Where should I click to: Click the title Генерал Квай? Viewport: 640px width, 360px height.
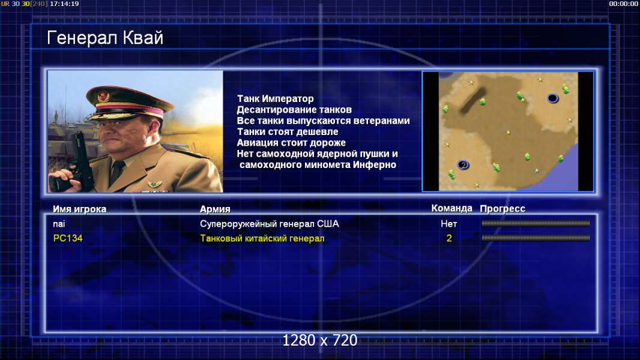click(x=105, y=38)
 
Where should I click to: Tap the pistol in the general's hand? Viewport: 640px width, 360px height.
click(x=80, y=163)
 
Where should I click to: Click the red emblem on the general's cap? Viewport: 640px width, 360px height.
click(x=104, y=96)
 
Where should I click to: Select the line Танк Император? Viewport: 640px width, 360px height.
click(x=276, y=98)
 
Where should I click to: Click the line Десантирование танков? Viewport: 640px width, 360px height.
click(x=294, y=110)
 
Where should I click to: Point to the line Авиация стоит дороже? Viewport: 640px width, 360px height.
click(x=291, y=143)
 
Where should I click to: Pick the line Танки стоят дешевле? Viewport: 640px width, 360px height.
click(x=288, y=131)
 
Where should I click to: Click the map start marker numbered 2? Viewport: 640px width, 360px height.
click(x=463, y=165)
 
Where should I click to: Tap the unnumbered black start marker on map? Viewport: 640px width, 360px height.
click(x=552, y=98)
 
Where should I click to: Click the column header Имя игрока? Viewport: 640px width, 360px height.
click(x=80, y=209)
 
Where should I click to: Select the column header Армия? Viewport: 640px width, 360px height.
click(x=215, y=209)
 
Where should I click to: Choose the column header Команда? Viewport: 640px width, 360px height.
click(x=452, y=208)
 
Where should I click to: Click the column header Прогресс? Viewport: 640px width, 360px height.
click(x=503, y=208)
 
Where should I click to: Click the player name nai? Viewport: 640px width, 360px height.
click(x=59, y=224)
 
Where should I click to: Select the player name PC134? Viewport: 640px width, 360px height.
click(x=68, y=238)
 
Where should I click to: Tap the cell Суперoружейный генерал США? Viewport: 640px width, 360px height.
click(x=270, y=224)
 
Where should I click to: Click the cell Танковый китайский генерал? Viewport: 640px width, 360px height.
click(x=262, y=238)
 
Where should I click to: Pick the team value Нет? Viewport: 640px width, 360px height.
click(x=449, y=224)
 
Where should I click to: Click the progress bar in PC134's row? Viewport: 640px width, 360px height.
click(x=536, y=238)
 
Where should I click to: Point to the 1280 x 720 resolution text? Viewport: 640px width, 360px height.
click(x=320, y=340)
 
